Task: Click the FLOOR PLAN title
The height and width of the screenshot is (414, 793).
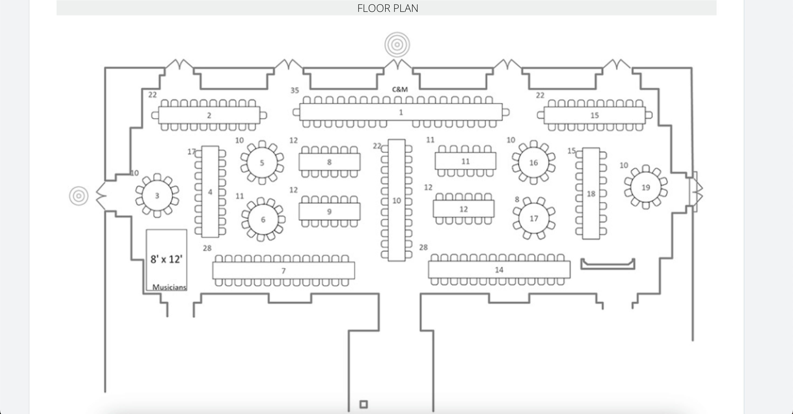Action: (x=388, y=8)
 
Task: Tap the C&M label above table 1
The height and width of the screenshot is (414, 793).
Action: (x=400, y=89)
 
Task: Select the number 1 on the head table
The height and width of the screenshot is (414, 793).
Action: (x=401, y=113)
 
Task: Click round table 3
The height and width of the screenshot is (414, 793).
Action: (x=157, y=196)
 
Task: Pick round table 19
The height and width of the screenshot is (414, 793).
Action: (x=645, y=187)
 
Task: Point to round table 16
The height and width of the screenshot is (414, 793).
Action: (x=534, y=162)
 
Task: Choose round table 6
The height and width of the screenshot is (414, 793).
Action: (x=263, y=219)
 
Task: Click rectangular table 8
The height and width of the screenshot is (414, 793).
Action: (x=329, y=162)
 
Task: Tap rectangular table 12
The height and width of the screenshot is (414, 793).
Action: (x=463, y=209)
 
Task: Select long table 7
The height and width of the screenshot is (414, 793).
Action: (x=283, y=271)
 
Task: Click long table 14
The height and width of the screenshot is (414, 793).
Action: (x=499, y=270)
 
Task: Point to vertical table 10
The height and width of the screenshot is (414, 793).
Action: (x=396, y=201)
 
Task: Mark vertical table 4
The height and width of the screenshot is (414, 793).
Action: (x=210, y=192)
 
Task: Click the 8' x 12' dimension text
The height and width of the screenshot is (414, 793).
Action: (x=166, y=259)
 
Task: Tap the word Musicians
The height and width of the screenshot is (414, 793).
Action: (x=169, y=287)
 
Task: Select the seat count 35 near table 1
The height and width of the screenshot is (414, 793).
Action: (x=295, y=90)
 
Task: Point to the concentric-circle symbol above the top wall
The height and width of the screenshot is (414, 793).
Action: (x=397, y=45)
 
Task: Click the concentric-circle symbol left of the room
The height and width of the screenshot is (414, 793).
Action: (x=79, y=196)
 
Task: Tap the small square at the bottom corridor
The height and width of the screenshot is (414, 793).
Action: (x=364, y=404)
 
